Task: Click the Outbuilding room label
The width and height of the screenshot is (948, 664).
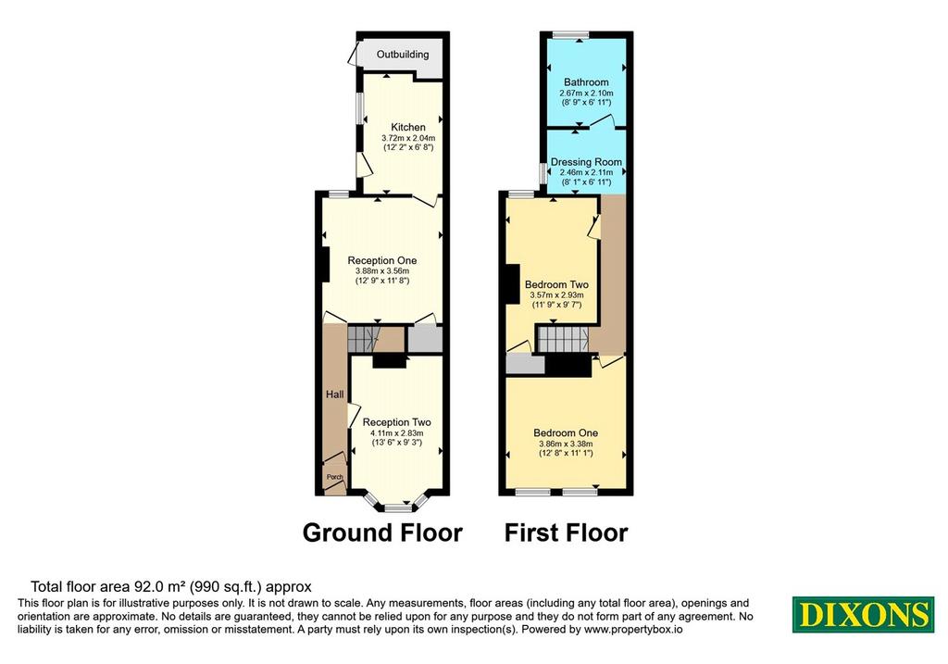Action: tap(403, 55)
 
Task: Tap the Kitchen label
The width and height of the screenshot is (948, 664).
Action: tap(408, 127)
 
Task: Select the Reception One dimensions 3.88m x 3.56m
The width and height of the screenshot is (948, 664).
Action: tap(382, 271)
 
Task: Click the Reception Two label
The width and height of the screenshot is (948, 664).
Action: tap(396, 422)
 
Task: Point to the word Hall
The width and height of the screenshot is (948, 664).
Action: tap(335, 395)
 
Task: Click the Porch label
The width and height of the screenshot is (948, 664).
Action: tap(335, 477)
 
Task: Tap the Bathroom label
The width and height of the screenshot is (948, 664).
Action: tap(586, 82)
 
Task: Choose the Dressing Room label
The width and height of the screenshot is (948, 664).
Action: tap(586, 162)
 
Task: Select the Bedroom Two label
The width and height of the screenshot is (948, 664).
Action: tap(556, 284)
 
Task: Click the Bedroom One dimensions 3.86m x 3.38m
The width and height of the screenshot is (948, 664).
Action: tap(566, 444)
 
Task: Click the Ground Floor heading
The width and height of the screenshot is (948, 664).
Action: tap(382, 532)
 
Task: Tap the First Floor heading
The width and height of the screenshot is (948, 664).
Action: tap(567, 532)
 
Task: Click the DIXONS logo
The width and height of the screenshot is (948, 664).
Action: tap(864, 614)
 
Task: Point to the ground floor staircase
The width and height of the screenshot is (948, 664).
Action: tap(363, 339)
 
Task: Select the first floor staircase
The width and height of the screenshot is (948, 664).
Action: tap(564, 339)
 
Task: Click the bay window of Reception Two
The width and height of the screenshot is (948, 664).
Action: tap(396, 504)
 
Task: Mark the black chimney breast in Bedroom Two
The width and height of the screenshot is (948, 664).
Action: tap(513, 284)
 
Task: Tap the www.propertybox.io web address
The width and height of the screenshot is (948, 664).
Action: tap(633, 630)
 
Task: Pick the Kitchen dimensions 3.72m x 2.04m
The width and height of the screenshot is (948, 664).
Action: tap(408, 138)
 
